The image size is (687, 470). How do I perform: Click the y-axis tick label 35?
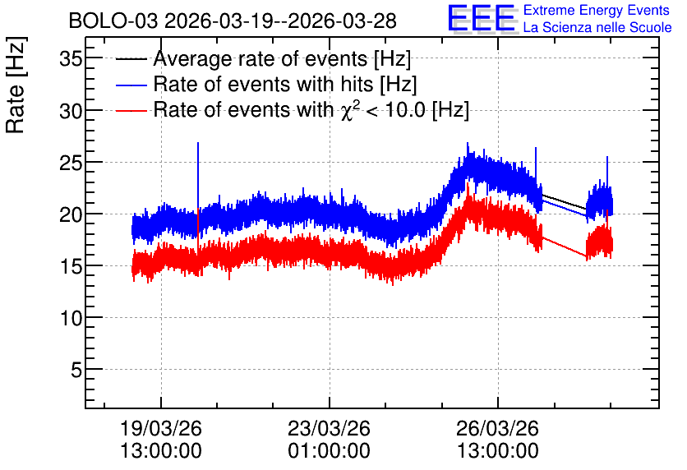pos(71,58)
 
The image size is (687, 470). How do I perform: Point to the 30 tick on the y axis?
pos(71,110)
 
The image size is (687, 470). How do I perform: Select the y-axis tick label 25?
pos(71,163)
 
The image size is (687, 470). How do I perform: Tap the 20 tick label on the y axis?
pos(71,214)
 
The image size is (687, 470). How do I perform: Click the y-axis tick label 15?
pos(71,266)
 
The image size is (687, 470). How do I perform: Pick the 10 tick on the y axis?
pos(71,318)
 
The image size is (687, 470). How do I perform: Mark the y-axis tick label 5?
pos(76,370)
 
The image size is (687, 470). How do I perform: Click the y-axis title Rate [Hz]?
pos(16,85)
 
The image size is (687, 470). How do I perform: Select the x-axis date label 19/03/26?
pos(161,428)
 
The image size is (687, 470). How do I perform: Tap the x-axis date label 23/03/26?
pos(329,428)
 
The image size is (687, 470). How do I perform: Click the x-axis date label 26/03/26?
pos(498,428)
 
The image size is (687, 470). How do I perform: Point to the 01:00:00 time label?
pos(329,450)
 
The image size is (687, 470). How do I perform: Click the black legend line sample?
pos(131,59)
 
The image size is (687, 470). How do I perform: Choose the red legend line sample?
pos(131,110)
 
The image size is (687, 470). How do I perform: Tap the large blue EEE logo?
pos(482,18)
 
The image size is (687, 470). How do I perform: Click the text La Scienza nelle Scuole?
pos(597,27)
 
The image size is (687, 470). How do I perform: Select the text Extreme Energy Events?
pos(597,10)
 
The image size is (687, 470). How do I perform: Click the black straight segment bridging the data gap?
pos(565,201)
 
